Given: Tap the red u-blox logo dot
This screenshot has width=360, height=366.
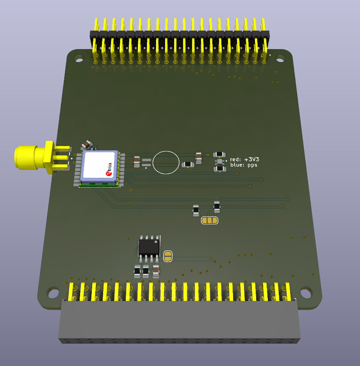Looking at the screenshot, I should point(108,173).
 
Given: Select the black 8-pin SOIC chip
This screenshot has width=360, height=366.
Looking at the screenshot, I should point(149,247).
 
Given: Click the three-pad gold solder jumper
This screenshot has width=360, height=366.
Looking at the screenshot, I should point(210,220).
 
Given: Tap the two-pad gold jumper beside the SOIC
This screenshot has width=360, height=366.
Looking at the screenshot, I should point(168,256).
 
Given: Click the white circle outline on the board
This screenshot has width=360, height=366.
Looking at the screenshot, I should point(165,162).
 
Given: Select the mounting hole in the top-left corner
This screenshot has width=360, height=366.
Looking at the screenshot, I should point(79,58).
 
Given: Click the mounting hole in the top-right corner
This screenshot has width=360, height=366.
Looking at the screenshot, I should point(280,58).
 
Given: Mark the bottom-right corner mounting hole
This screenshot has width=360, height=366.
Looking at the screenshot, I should point(306,293).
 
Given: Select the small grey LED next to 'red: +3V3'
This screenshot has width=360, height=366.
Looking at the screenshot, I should point(220,162).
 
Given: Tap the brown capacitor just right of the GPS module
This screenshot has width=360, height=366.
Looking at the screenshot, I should point(137,162).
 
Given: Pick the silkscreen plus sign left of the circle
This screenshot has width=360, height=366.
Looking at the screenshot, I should point(146,168).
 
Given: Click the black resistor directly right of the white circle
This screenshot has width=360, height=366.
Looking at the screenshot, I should point(188,164).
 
